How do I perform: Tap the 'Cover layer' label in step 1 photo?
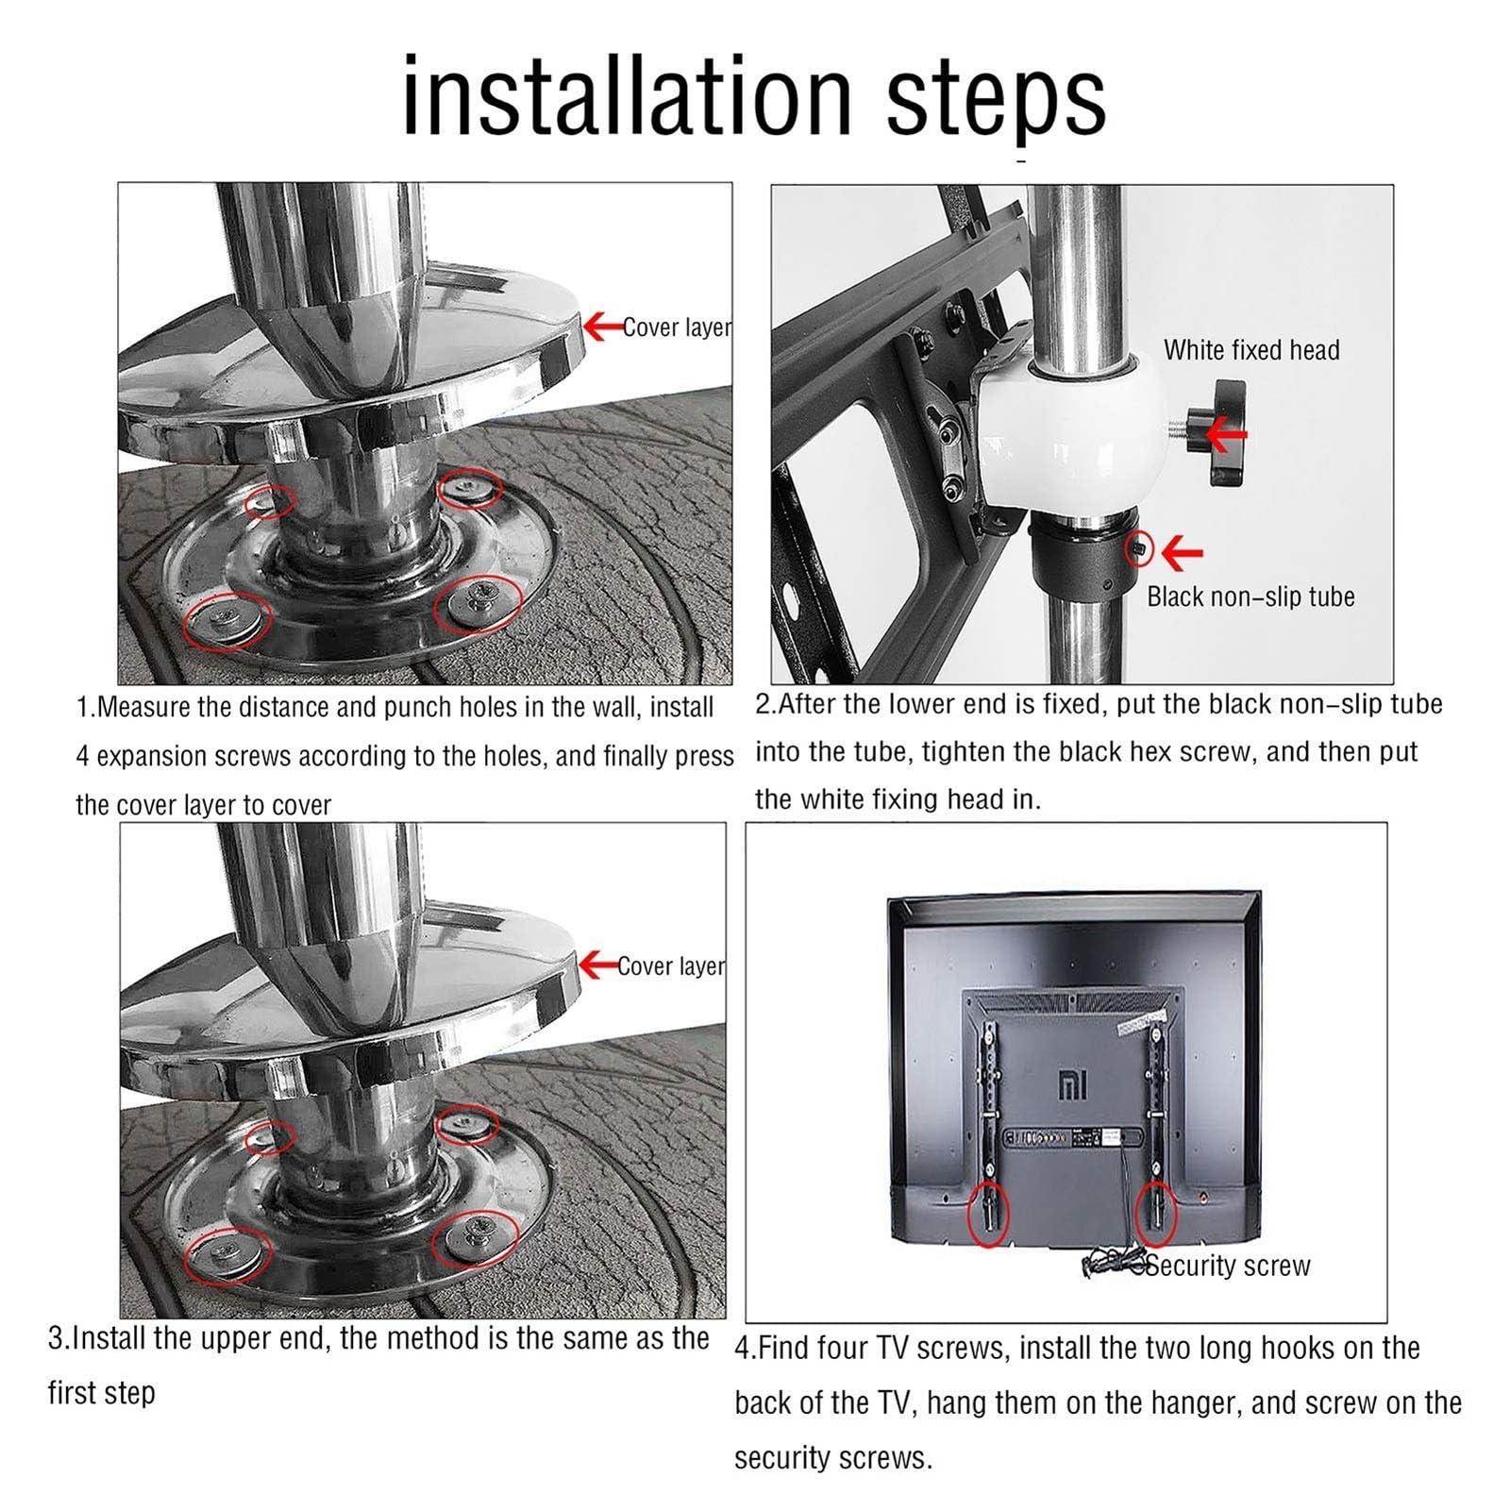(677, 327)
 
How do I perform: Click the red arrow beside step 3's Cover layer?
(597, 965)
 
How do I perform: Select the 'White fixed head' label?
(1251, 350)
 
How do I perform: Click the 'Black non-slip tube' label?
(1251, 596)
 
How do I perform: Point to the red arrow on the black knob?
(1226, 435)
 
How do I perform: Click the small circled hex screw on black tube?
(1140, 549)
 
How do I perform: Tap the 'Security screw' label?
(1227, 1266)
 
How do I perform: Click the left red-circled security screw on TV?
(989, 1214)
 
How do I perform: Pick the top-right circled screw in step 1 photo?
(469, 489)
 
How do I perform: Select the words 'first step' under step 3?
(101, 1393)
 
